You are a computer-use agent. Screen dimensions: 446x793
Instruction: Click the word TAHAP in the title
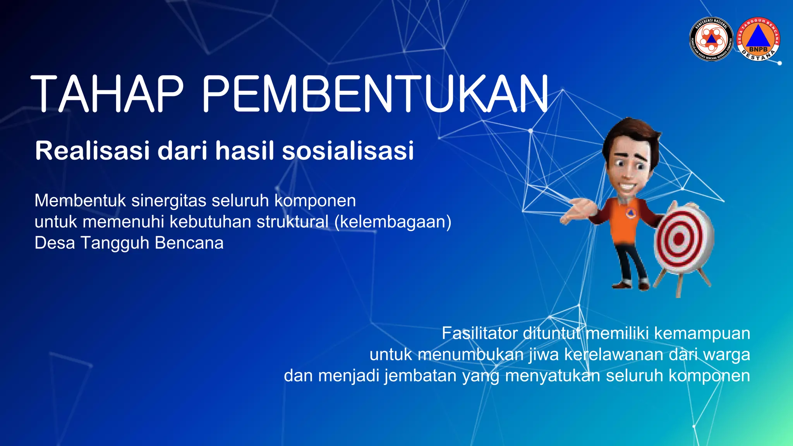pyautogui.click(x=106, y=94)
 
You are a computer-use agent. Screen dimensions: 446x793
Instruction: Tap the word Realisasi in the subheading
pyautogui.click(x=92, y=151)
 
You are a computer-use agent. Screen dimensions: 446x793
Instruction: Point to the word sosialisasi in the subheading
pyautogui.click(x=348, y=151)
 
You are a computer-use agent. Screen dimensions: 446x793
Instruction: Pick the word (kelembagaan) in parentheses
pyautogui.click(x=393, y=222)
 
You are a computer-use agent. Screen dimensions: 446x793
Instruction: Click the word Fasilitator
pyautogui.click(x=480, y=333)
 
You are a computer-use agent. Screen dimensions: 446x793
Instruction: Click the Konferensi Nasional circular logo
pyautogui.click(x=712, y=39)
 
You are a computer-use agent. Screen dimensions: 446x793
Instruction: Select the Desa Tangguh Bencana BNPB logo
pyautogui.click(x=758, y=39)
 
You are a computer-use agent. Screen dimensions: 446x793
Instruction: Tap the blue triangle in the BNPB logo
pyautogui.click(x=758, y=36)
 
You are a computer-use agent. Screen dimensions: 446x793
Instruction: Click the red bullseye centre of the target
pyautogui.click(x=679, y=239)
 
